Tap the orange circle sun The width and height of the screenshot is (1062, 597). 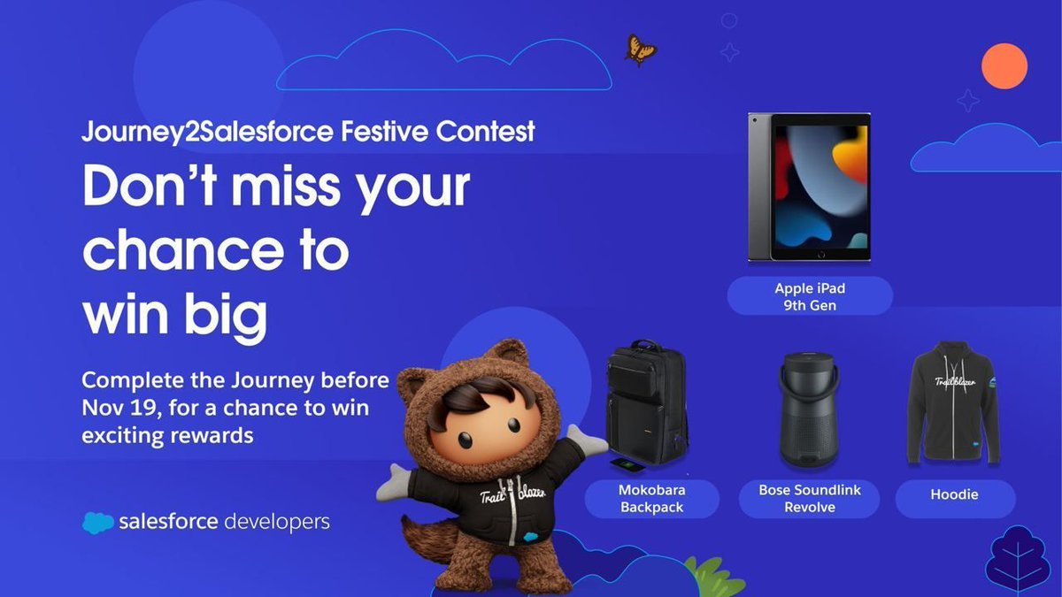pyautogui.click(x=1004, y=65)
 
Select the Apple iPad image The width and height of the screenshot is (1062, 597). pyautogui.click(x=809, y=187)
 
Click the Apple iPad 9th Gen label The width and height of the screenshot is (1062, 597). pyautogui.click(x=810, y=296)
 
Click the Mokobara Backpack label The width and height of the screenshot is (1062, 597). pyautogui.click(x=652, y=499)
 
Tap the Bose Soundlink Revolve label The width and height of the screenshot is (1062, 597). pyautogui.click(x=810, y=499)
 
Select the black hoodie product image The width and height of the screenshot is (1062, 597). pyautogui.click(x=954, y=407)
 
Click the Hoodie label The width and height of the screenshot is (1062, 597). pyautogui.click(x=954, y=494)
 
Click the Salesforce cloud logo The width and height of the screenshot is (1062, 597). pyautogui.click(x=97, y=523)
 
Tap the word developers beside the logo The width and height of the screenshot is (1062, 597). pyautogui.click(x=276, y=522)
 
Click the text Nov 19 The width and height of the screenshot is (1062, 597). pyautogui.click(x=116, y=409)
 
